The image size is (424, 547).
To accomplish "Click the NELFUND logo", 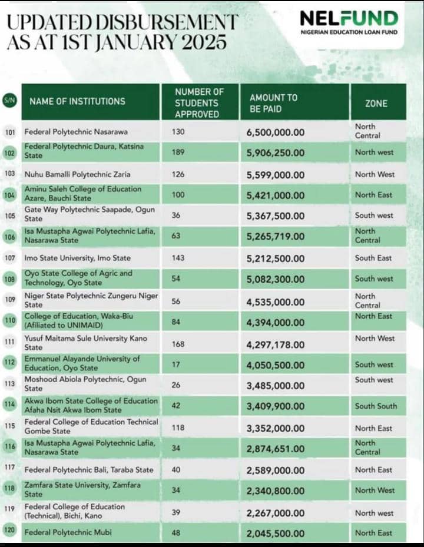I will tap(349, 22).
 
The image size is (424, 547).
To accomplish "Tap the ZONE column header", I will tap(376, 103).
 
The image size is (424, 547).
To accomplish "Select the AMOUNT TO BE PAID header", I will tap(274, 103).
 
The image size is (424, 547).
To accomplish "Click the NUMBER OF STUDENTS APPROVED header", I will tap(199, 103).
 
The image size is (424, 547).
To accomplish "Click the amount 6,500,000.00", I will tap(276, 132).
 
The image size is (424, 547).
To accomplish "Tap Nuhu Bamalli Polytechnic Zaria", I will tap(77, 174).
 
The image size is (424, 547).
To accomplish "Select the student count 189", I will tap(178, 153).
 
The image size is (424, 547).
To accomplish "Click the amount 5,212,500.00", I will tap(276, 258).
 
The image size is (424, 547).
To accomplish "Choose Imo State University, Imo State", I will tap(77, 258).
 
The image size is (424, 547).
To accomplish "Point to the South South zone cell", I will tap(376, 406).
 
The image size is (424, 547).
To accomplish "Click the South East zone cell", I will tap(373, 258).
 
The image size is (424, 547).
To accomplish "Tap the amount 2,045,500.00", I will tap(276, 533).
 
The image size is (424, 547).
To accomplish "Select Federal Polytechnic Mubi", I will tap(68, 533).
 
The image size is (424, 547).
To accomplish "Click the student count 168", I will tap(178, 344).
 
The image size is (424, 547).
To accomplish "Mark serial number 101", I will tap(9, 132).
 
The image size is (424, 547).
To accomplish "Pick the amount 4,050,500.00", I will tap(276, 365).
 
